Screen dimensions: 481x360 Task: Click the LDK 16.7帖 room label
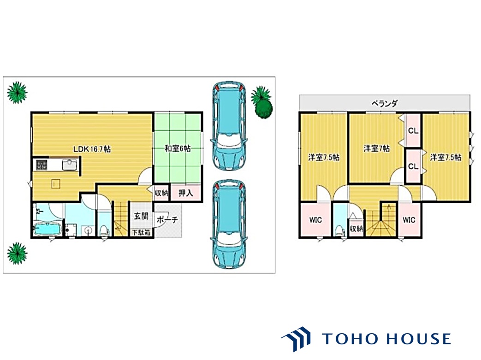pyautogui.click(x=92, y=149)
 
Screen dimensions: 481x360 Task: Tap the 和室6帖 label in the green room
pyautogui.click(x=178, y=149)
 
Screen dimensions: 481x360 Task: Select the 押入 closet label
pyautogui.click(x=186, y=193)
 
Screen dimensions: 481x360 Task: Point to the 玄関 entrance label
pyautogui.click(x=141, y=216)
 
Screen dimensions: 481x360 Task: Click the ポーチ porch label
pyautogui.click(x=167, y=219)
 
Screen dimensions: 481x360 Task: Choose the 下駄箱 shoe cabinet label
pyautogui.click(x=142, y=232)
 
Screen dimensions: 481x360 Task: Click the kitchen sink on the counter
pyautogui.click(x=71, y=165)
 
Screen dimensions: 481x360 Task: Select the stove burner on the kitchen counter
pyautogui.click(x=42, y=165)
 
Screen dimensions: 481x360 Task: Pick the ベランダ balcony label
pyautogui.click(x=384, y=103)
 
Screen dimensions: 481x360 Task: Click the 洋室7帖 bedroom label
pyautogui.click(x=377, y=149)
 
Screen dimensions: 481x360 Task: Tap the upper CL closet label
pyautogui.click(x=413, y=130)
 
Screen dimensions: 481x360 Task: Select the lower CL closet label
pyautogui.click(x=413, y=166)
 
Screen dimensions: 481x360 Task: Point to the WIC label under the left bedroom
pyautogui.click(x=315, y=220)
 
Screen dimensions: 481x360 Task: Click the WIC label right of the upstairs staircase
pyautogui.click(x=409, y=220)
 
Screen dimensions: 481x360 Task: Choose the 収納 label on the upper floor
pyautogui.click(x=356, y=229)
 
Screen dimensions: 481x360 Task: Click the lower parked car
pyautogui.click(x=229, y=224)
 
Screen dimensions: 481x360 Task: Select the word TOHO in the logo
pyautogui.click(x=350, y=339)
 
